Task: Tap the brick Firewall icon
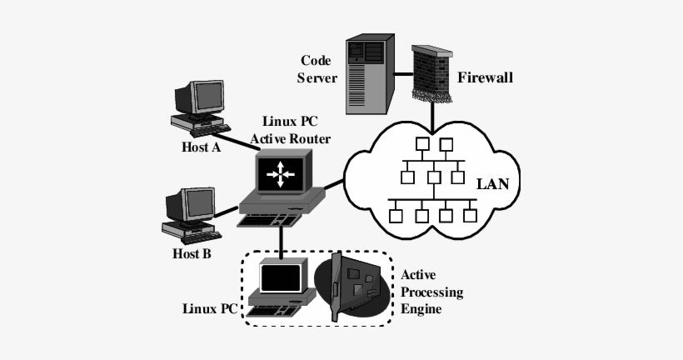click(431, 72)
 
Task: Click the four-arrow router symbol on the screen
click(281, 174)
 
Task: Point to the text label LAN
click(492, 182)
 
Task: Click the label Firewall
click(486, 77)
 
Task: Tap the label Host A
click(201, 147)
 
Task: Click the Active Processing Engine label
click(431, 291)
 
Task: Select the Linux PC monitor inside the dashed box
click(281, 277)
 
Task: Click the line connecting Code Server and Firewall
click(403, 73)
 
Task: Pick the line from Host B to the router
click(227, 213)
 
